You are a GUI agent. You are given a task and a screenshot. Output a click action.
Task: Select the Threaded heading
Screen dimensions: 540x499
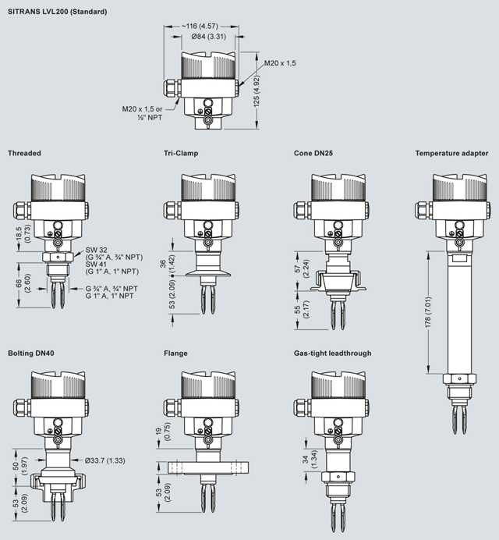pyautogui.click(x=24, y=154)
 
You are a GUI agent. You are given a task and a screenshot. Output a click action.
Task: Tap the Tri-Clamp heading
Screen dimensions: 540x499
pyautogui.click(x=181, y=154)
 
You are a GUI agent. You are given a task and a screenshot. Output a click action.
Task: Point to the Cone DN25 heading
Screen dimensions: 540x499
pyautogui.click(x=313, y=154)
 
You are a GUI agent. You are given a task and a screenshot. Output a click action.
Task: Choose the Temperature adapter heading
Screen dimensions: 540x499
pyautogui.click(x=452, y=154)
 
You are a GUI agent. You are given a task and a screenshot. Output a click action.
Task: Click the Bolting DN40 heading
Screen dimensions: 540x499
pyautogui.click(x=32, y=353)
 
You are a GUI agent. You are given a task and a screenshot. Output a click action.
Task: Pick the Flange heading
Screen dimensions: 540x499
pyautogui.click(x=175, y=353)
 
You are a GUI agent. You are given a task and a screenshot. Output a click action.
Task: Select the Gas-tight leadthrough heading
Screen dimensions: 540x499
pyautogui.click(x=332, y=353)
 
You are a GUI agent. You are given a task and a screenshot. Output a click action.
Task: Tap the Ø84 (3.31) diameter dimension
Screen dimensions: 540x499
pyautogui.click(x=204, y=35)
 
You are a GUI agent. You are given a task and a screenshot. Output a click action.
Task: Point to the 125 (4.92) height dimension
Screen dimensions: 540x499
pyautogui.click(x=267, y=99)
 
